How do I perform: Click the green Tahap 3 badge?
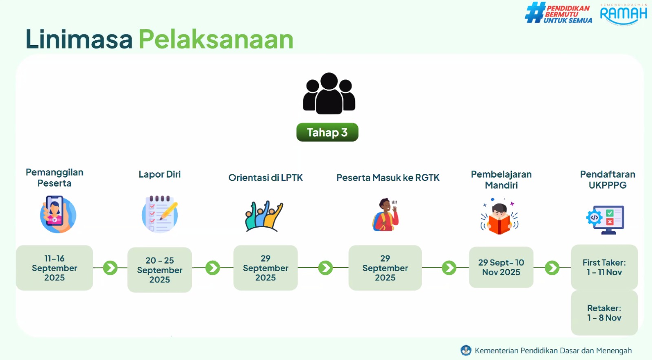pos(327,132)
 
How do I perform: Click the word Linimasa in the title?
pos(79,39)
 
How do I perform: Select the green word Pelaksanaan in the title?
pos(216,39)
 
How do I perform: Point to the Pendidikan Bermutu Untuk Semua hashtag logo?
pos(558,13)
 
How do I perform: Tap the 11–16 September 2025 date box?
pos(55,268)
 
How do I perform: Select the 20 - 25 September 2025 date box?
pos(159,270)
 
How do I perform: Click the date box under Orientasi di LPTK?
pos(265,268)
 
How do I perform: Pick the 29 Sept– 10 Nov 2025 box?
pos(501,267)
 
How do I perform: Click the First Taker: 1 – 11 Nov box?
pos(604,267)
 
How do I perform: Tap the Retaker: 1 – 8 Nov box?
pos(604,313)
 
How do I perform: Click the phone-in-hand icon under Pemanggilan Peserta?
pos(58,214)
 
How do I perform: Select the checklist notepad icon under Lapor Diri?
pos(160,214)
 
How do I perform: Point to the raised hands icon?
pos(264,216)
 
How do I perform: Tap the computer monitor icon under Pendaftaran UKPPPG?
pos(606,220)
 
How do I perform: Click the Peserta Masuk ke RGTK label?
pos(388,178)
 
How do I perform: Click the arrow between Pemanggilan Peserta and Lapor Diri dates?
pos(110,268)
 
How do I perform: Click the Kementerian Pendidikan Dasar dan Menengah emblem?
pos(466,350)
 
